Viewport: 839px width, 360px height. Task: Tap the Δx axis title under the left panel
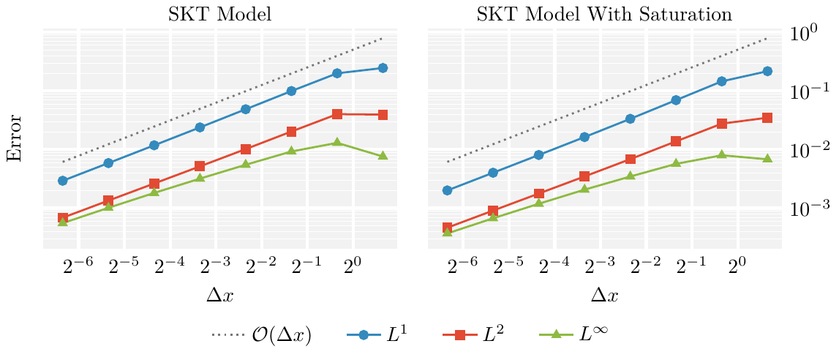[x=219, y=296]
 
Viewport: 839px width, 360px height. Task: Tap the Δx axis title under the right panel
[x=603, y=296]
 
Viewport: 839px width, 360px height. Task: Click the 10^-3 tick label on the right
[x=810, y=209]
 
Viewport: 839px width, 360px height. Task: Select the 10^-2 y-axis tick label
[x=810, y=150]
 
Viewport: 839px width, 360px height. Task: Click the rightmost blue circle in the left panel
[x=383, y=68]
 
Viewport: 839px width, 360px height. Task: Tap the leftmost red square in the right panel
[x=448, y=228]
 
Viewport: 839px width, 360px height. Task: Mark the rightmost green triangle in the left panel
[x=383, y=156]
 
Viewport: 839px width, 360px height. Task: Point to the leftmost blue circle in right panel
[x=448, y=190]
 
